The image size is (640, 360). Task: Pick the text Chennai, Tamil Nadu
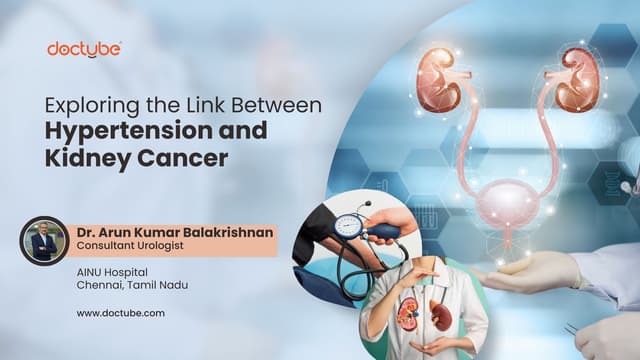click(131, 286)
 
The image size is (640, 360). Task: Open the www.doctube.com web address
click(120, 313)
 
